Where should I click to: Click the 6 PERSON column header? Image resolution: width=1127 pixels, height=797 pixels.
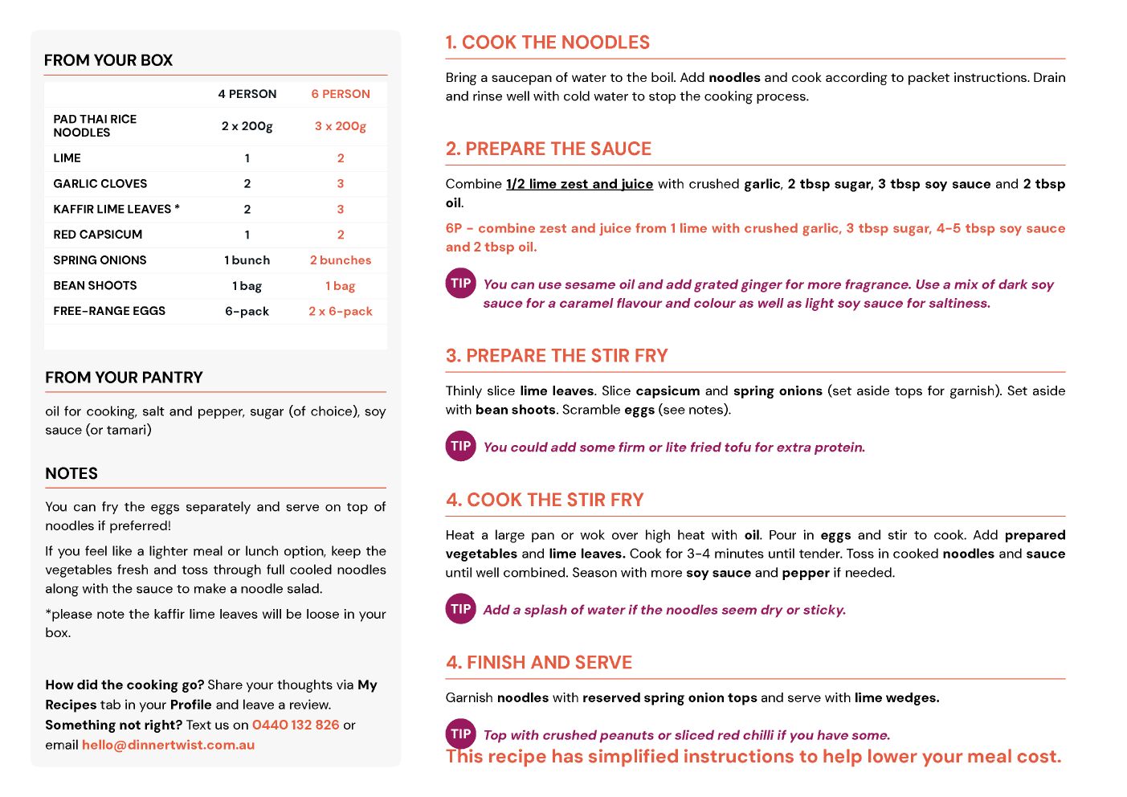(341, 94)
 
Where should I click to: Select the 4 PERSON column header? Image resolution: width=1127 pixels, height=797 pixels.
(247, 94)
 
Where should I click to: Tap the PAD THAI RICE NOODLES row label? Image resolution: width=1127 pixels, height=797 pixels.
(95, 126)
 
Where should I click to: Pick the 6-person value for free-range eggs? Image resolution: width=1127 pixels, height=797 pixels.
(341, 311)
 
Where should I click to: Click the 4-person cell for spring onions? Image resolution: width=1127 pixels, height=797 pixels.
(247, 260)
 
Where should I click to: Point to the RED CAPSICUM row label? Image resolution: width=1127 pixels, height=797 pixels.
(98, 235)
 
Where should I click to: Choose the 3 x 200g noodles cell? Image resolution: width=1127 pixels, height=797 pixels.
(341, 126)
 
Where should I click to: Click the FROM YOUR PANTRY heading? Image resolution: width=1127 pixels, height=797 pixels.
(124, 378)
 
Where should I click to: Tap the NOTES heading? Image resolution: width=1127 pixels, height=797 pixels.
(71, 474)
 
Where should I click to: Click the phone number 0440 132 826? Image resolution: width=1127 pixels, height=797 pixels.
(296, 725)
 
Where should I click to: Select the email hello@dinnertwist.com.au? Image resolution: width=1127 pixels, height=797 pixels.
(168, 745)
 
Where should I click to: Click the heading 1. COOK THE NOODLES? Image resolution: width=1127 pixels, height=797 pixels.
(548, 43)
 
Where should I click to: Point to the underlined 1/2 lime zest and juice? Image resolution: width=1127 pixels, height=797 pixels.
(579, 184)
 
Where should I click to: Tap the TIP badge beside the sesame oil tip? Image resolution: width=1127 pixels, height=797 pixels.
(461, 283)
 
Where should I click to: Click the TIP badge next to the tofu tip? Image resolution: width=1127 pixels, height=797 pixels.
(461, 446)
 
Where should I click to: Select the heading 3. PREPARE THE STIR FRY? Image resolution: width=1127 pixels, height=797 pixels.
(557, 356)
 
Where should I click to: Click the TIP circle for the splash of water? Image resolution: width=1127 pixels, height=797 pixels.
(461, 609)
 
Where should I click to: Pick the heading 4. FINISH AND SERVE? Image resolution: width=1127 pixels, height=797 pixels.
(539, 663)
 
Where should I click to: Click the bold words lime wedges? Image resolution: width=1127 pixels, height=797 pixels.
(896, 697)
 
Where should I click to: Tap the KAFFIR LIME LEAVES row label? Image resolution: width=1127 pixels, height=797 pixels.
(116, 209)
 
